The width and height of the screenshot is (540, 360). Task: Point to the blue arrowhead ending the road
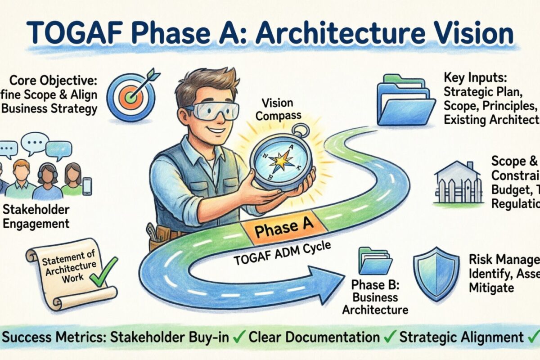click(x=326, y=284)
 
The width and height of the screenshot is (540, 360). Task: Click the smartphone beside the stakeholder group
click(x=87, y=186)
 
